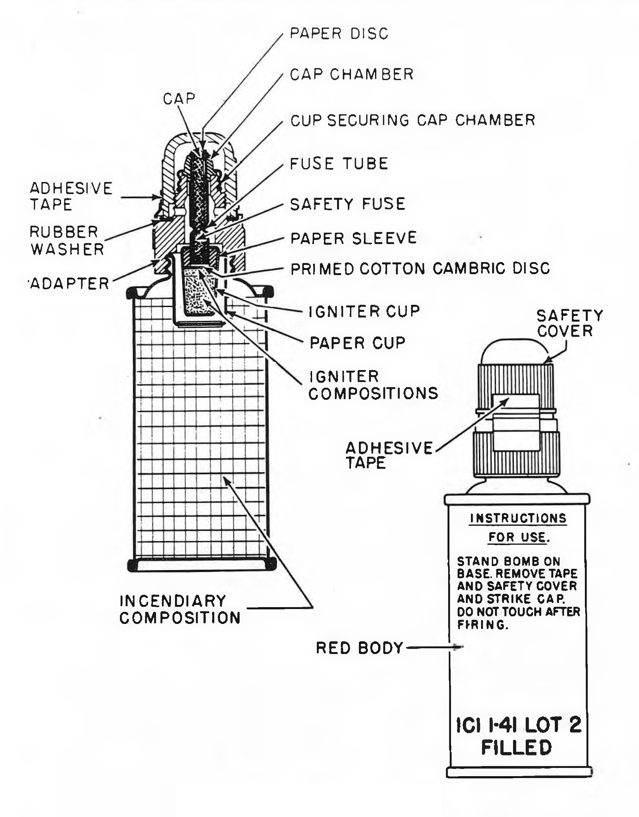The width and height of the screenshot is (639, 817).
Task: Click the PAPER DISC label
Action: [339, 34]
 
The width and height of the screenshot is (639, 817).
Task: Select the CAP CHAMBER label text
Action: [352, 74]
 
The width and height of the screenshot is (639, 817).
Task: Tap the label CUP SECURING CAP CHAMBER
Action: [413, 121]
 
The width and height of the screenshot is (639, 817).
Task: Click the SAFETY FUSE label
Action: [348, 204]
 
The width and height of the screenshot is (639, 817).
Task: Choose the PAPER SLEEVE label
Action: [354, 238]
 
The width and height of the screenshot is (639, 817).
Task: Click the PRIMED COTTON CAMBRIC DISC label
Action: [420, 269]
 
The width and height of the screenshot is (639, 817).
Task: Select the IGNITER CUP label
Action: [364, 311]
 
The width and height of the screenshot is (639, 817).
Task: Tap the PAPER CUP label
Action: [357, 343]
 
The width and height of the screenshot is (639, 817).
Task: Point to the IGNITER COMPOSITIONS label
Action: [373, 385]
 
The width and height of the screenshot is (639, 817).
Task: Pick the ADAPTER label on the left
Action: [69, 284]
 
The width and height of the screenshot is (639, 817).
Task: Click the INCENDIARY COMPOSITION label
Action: [180, 609]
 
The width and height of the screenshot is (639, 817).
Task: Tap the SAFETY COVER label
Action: [570, 323]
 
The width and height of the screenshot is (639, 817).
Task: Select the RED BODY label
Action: [359, 648]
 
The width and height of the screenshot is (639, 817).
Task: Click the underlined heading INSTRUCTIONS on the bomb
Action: [518, 518]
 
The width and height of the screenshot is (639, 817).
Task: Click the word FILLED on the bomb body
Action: [516, 748]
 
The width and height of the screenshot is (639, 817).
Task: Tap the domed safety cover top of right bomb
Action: [515, 351]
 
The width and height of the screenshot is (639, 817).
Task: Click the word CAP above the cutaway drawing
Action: [179, 99]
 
